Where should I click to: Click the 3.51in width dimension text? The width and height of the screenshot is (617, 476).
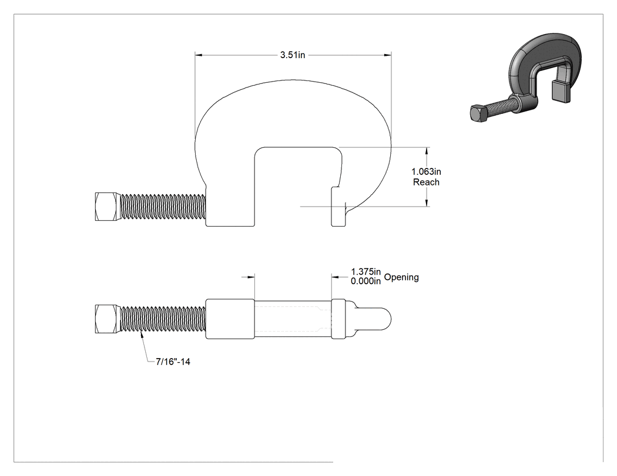tap(293, 55)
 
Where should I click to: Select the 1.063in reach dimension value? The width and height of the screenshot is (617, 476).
tap(426, 172)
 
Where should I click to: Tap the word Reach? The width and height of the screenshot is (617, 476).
tap(426, 182)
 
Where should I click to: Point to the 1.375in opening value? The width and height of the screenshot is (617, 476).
tap(366, 272)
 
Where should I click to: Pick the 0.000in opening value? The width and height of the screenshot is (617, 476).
tap(366, 281)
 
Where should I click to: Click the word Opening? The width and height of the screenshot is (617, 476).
tap(401, 277)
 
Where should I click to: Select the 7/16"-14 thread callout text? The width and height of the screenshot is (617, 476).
tap(173, 362)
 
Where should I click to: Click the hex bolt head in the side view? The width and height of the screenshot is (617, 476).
tap(107, 207)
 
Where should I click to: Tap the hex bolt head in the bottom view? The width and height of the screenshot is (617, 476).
tap(107, 319)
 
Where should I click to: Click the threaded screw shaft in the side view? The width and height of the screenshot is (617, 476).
tap(163, 207)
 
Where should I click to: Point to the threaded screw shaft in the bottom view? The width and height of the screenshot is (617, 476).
tap(163, 319)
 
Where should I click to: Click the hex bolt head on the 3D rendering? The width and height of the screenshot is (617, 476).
tap(479, 113)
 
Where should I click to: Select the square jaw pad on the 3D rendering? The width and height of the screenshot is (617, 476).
tap(561, 91)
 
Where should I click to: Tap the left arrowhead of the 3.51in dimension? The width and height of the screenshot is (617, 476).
tap(199, 55)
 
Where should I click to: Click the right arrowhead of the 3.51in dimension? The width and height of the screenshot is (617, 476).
tap(388, 55)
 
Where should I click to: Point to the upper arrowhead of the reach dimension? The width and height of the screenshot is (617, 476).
tap(427, 151)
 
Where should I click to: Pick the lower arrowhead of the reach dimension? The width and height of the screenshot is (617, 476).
tap(427, 202)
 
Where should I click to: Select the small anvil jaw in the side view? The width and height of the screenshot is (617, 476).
tap(338, 207)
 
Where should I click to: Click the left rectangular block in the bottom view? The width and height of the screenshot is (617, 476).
tap(230, 319)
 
